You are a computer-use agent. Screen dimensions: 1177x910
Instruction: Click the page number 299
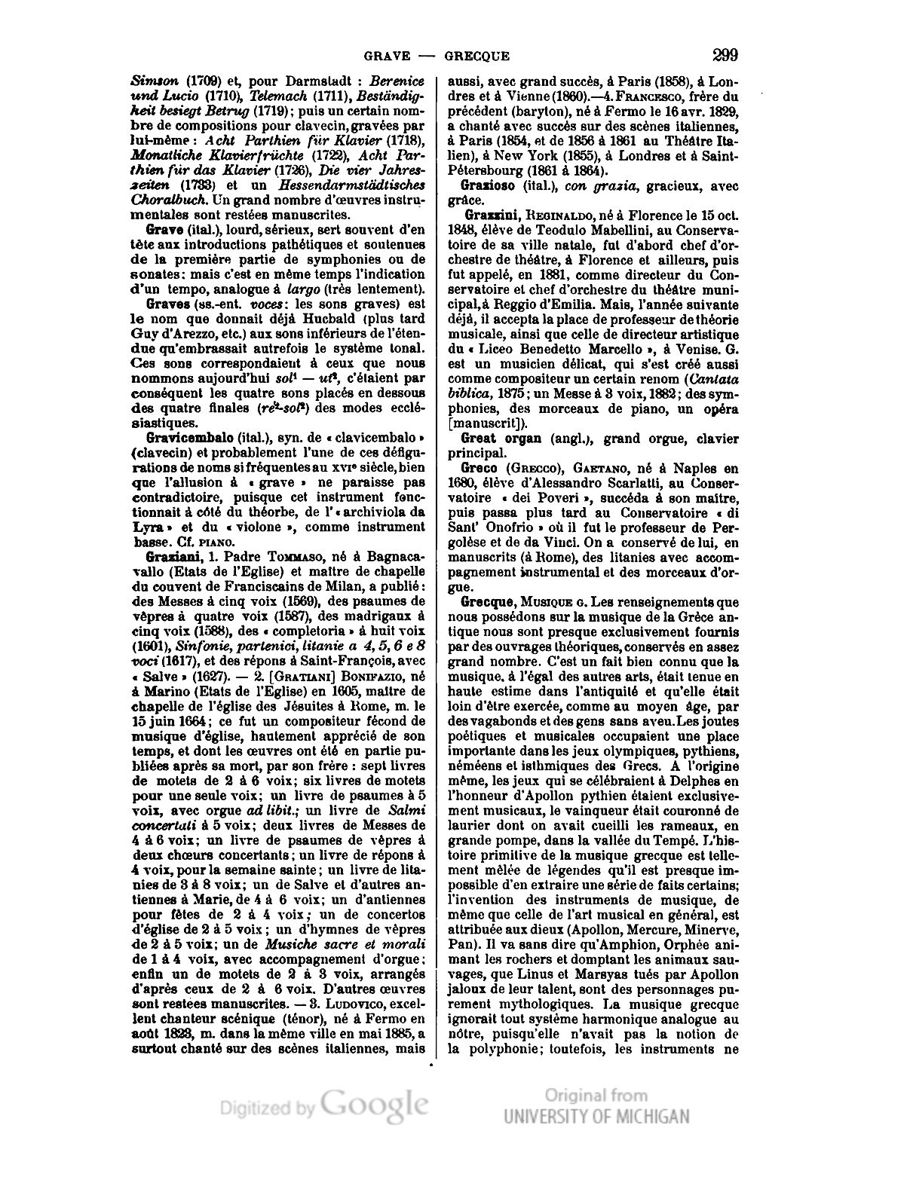[x=724, y=54]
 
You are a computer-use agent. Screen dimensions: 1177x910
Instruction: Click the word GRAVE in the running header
[x=386, y=56]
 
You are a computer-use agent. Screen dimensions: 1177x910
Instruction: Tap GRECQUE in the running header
[x=476, y=56]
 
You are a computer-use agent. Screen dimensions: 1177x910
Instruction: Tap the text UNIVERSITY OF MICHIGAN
[x=596, y=1116]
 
